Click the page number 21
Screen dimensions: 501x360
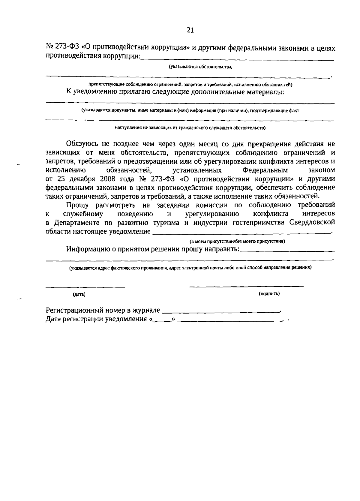click(x=190, y=30)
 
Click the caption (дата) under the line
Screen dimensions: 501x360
click(x=79, y=295)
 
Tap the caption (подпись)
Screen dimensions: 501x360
click(x=269, y=294)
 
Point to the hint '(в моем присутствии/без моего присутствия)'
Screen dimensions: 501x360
click(x=237, y=241)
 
